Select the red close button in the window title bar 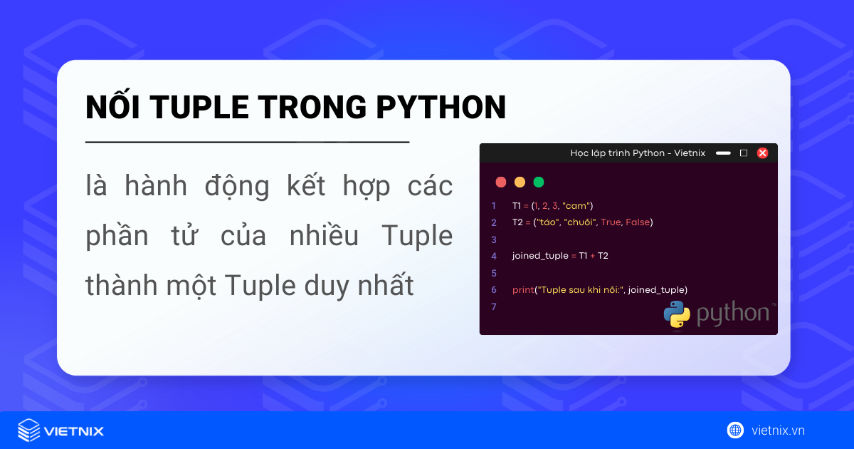(x=762, y=153)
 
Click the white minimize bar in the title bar (x=723, y=153)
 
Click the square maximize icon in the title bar (x=744, y=153)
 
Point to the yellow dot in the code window (x=520, y=182)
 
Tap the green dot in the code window (x=539, y=182)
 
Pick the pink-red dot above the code (x=501, y=182)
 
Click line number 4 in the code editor (x=494, y=256)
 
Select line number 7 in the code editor (x=494, y=306)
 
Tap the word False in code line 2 (x=638, y=222)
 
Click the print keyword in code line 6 (x=522, y=290)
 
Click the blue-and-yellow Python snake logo (x=677, y=314)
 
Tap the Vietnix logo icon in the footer (x=28, y=430)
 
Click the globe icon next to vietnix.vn (x=735, y=430)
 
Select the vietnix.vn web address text (x=778, y=430)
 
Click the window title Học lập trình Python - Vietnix (x=638, y=153)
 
